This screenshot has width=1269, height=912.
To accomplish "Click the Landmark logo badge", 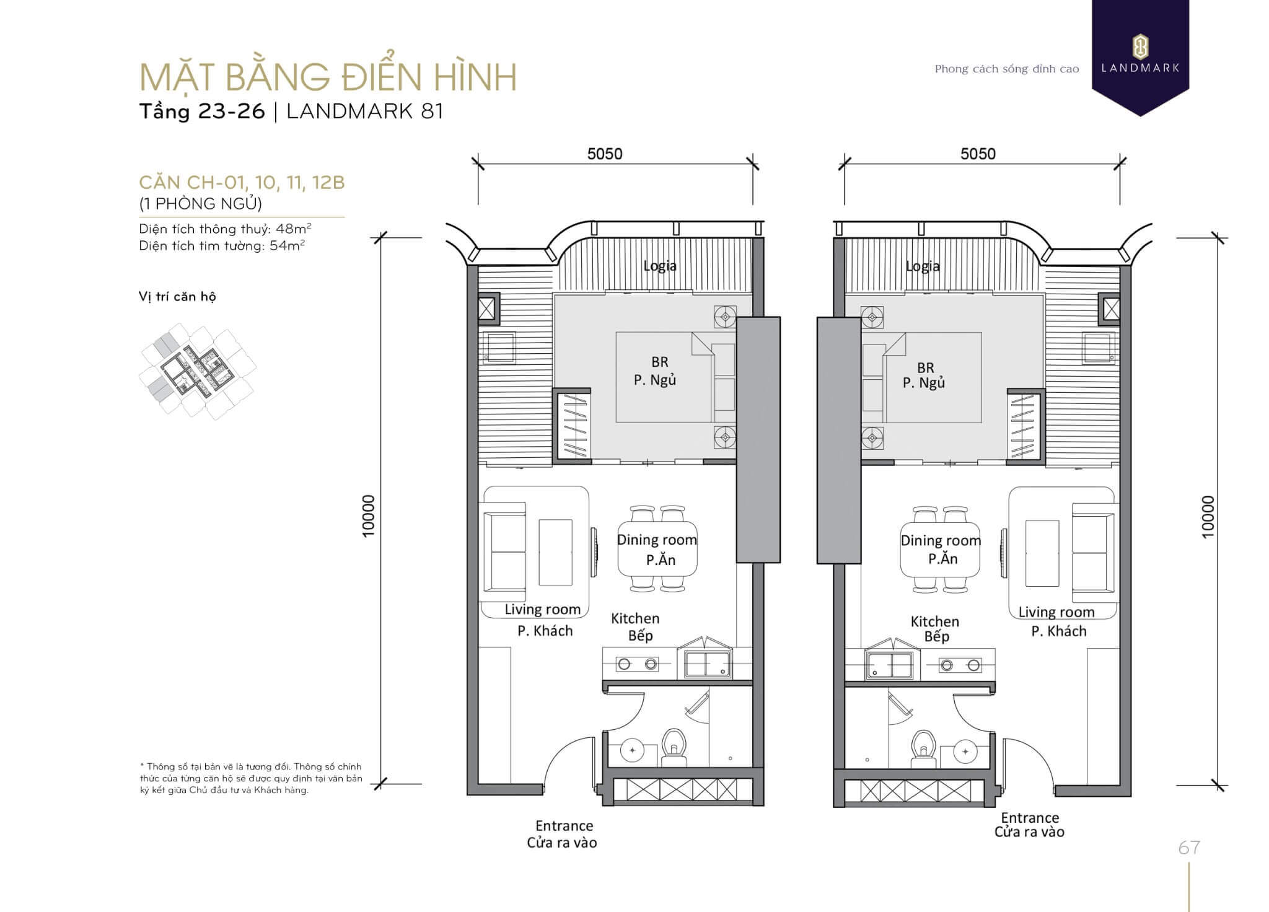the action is click(x=1140, y=56).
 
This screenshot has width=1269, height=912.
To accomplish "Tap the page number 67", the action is click(x=1189, y=848).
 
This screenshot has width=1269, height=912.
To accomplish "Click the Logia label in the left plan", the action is click(x=660, y=266).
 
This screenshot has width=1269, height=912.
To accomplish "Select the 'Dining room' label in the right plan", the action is click(x=941, y=540).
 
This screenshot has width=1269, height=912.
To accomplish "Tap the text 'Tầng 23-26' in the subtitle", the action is click(x=202, y=112).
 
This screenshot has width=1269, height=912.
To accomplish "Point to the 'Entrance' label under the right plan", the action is click(x=1030, y=817).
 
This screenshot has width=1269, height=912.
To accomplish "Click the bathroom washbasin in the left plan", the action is click(x=632, y=750).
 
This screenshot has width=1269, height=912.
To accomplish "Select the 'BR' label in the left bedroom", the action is click(x=660, y=362).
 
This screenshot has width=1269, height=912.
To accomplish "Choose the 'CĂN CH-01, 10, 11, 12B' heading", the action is click(x=242, y=183).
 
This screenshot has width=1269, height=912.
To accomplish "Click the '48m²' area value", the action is click(x=294, y=229).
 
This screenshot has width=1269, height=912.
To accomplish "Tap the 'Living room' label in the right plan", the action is click(x=1056, y=612).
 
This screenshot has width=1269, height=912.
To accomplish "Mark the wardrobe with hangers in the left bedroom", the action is click(x=571, y=426).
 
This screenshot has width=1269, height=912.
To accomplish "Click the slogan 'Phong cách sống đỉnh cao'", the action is click(x=1007, y=69).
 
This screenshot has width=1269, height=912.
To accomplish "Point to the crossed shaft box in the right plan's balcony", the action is click(x=1110, y=309).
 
